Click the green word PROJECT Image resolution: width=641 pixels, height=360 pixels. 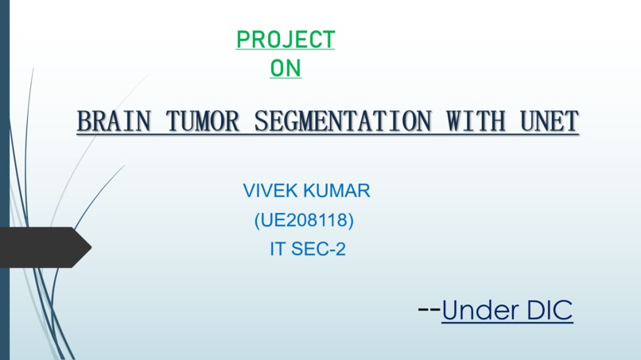[286, 39]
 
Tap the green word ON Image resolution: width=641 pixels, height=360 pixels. [286, 69]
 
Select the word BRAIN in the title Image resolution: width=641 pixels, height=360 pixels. [114, 122]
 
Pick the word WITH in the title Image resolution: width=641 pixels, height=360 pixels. [476, 122]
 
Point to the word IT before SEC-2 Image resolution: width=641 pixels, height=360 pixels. [278, 250]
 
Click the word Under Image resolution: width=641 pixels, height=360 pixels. [479, 311]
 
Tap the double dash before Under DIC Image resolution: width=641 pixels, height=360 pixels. [429, 308]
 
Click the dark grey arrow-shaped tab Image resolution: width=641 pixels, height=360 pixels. [44, 247]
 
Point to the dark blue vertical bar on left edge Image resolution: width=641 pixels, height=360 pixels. [4, 180]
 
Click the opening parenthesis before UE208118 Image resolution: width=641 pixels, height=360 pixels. [257, 220]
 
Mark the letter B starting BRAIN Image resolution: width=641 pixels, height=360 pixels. [85, 122]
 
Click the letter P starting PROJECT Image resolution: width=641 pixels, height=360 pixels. [243, 39]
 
